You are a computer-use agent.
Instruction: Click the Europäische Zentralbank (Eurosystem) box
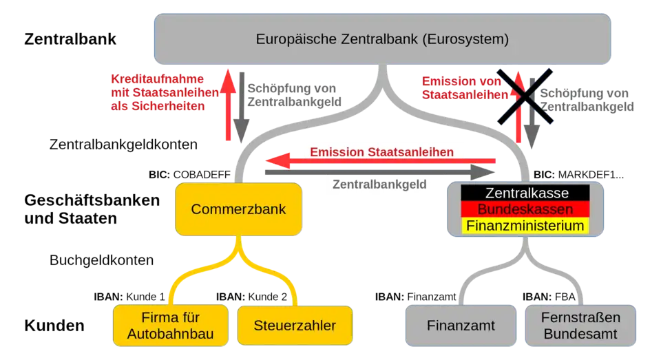point(382,39)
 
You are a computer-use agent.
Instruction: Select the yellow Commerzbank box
point(238,209)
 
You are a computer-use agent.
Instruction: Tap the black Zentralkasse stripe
point(526,193)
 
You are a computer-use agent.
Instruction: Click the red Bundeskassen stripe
point(526,209)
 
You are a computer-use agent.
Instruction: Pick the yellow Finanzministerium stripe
point(526,225)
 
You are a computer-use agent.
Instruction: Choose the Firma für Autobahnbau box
point(170,325)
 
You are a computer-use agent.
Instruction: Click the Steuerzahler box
point(295,325)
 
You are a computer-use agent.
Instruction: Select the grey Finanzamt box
point(460,325)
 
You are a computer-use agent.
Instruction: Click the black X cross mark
point(523,96)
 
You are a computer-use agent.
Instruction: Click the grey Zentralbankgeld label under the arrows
point(379,184)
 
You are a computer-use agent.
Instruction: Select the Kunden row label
point(56,326)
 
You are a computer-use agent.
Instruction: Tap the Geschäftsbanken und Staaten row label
point(92,209)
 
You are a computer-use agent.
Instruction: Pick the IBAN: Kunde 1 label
point(130,297)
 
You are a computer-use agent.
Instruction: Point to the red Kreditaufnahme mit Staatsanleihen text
point(158,92)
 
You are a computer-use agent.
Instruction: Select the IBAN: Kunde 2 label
point(251,297)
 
